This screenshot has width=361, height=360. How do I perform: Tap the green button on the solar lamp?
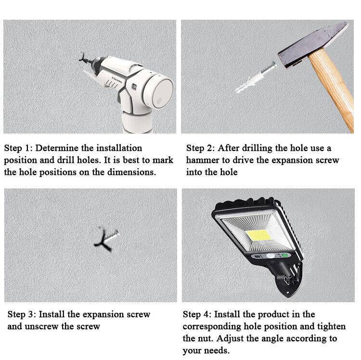[285, 255]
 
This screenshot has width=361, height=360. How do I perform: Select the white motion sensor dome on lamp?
[271, 256]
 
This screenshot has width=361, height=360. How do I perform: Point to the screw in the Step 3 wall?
[106, 240]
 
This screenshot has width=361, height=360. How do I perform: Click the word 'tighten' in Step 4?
[332, 327]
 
